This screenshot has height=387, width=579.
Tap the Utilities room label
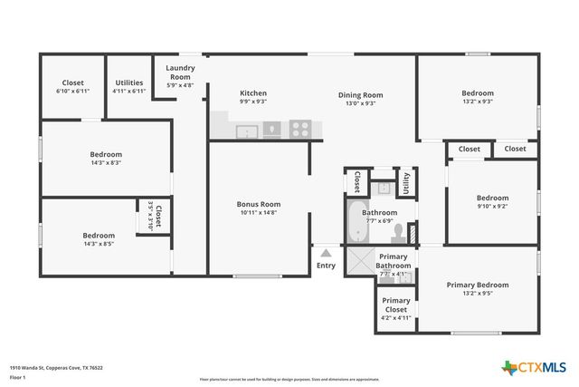click(x=128, y=82)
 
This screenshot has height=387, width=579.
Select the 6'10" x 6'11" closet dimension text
click(x=72, y=92)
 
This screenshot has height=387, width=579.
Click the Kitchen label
click(x=252, y=93)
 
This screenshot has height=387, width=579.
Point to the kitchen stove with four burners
click(x=300, y=130)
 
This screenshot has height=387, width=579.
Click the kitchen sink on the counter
click(x=246, y=132)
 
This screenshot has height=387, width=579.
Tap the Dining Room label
click(x=361, y=94)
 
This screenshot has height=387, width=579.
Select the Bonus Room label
click(x=259, y=204)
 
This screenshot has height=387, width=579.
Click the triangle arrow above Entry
click(x=326, y=252)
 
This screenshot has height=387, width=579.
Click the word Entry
click(x=326, y=266)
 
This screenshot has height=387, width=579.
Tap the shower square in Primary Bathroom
click(x=361, y=264)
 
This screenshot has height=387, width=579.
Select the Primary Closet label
click(x=396, y=304)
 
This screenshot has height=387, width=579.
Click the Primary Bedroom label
click(x=477, y=285)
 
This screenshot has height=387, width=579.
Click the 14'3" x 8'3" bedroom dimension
click(x=106, y=163)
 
